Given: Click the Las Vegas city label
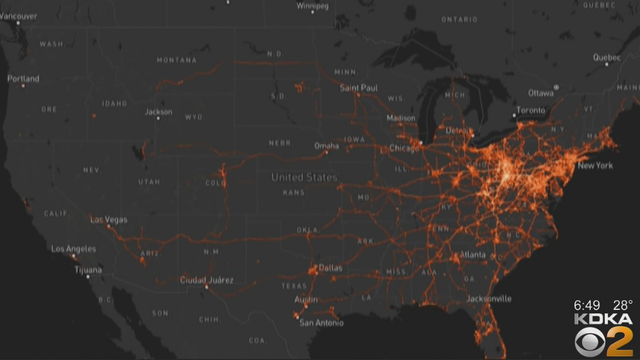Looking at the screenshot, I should [x=111, y=220].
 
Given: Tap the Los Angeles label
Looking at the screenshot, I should [x=73, y=248].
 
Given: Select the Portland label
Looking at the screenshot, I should [x=23, y=78].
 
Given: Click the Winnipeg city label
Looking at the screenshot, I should [x=313, y=5].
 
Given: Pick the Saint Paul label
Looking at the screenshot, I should [x=359, y=88].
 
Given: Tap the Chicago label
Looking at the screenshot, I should [x=405, y=149].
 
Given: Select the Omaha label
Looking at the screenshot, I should [x=327, y=146].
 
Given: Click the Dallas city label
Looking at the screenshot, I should [x=332, y=268].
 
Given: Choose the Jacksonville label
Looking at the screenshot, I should [x=487, y=298].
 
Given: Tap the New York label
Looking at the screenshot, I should [x=596, y=165].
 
